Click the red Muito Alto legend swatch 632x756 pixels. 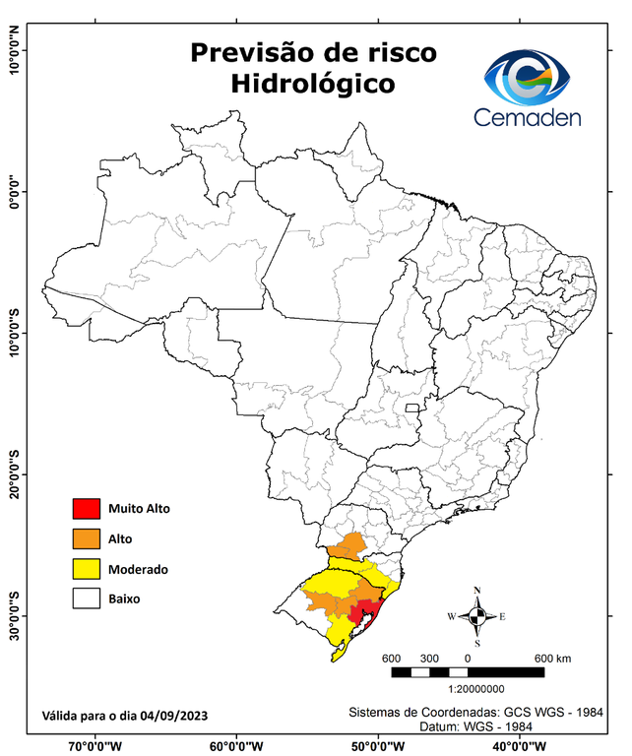point(86,509)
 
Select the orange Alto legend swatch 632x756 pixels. point(86,538)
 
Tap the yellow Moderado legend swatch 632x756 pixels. point(86,569)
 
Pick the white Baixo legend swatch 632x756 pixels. point(86,598)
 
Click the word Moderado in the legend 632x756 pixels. point(138,569)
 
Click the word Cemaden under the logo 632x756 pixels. point(528,117)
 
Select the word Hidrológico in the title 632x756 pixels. point(312,85)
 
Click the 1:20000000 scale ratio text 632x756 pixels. point(475,690)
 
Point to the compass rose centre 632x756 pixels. point(477,617)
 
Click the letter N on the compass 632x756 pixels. point(477,591)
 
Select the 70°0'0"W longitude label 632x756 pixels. point(95,745)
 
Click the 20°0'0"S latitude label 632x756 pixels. point(14,473)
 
